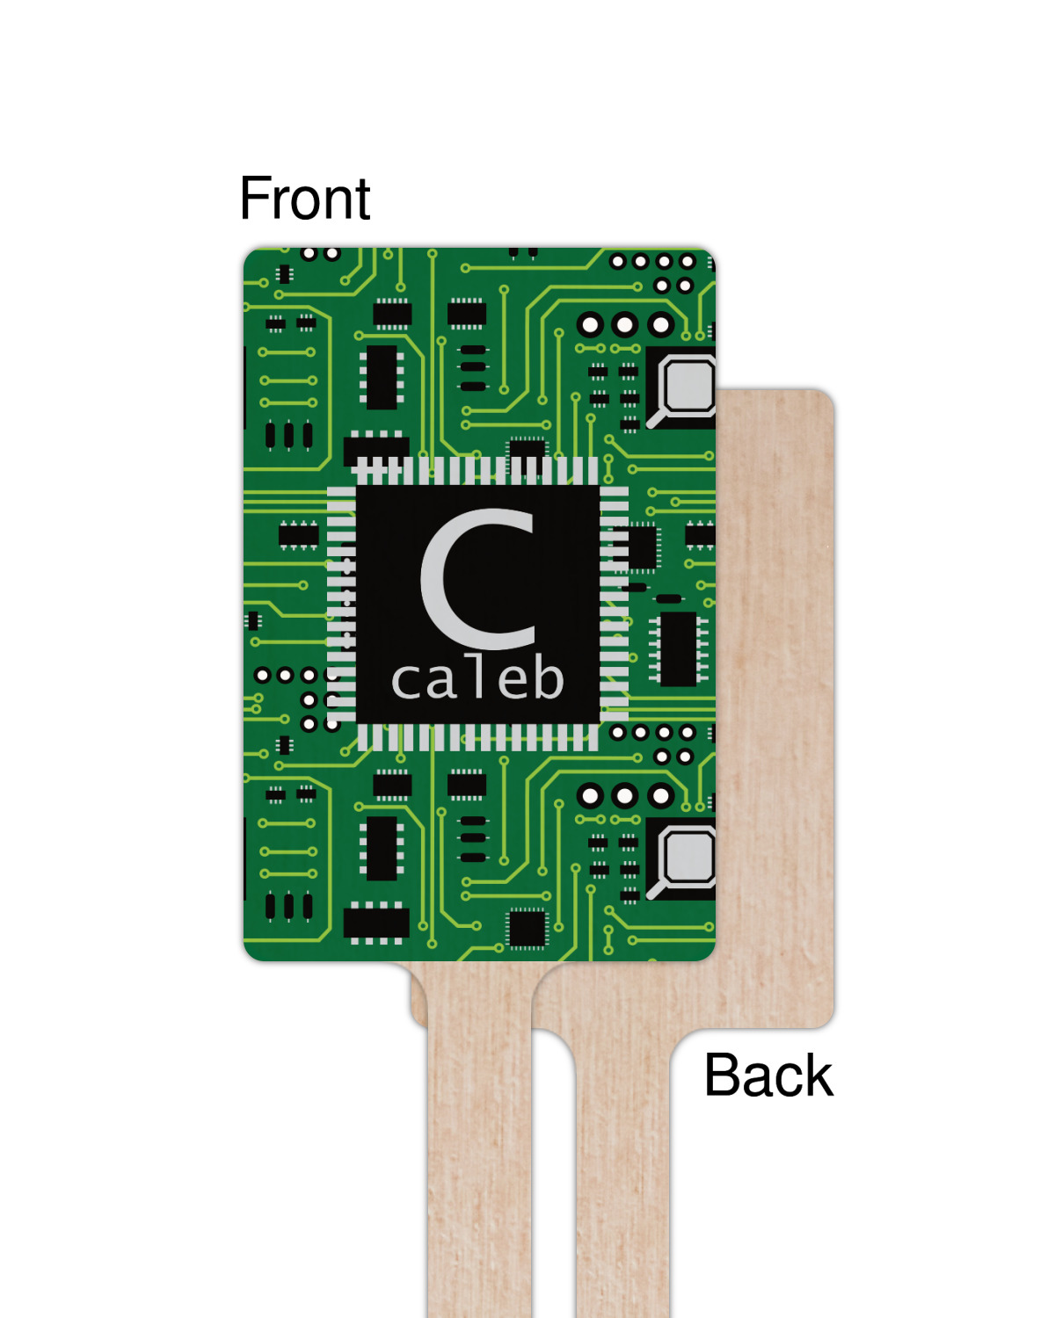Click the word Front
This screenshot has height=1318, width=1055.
pyautogui.click(x=304, y=199)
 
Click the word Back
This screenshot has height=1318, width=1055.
pyautogui.click(x=768, y=1075)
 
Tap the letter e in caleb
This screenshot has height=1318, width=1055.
pyautogui.click(x=512, y=682)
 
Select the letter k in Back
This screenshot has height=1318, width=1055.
pyautogui.click(x=816, y=1075)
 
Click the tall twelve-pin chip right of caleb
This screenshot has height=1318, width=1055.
pyautogui.click(x=678, y=649)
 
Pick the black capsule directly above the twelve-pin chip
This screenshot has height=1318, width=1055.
pyautogui.click(x=669, y=599)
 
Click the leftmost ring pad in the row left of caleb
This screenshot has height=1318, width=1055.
pyautogui.click(x=262, y=675)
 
